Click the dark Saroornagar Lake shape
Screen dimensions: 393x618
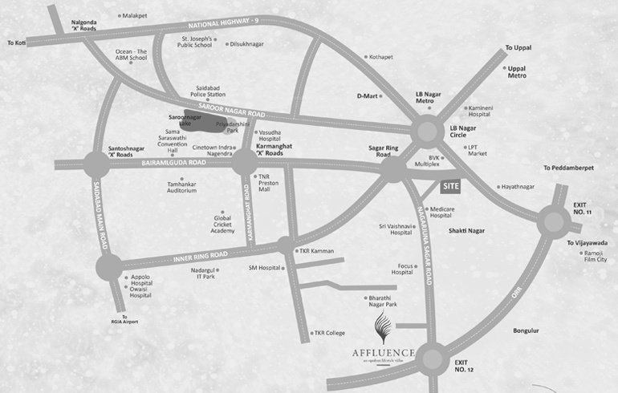click(x=201, y=120)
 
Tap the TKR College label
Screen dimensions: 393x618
click(x=329, y=332)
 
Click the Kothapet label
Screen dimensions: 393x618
click(x=381, y=58)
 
